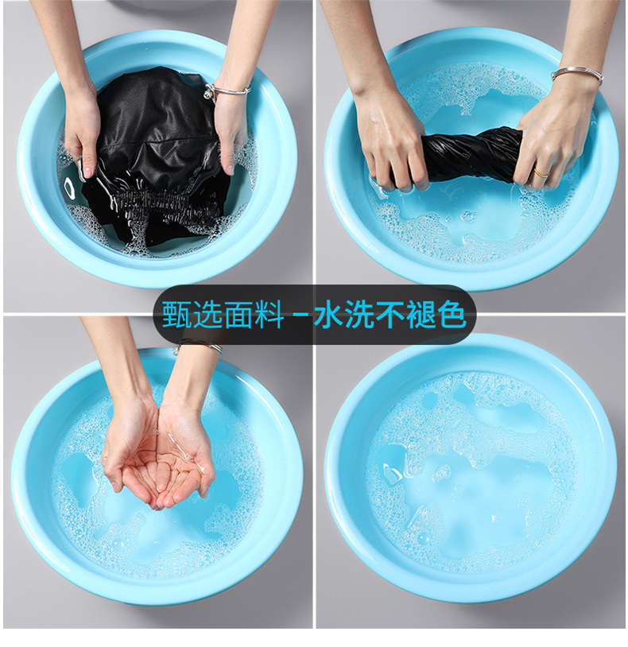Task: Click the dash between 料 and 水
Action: [301, 315]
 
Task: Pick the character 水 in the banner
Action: [330, 314]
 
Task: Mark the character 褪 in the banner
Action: [421, 314]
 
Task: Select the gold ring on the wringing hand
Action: [541, 172]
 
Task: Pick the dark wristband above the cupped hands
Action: [199, 344]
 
